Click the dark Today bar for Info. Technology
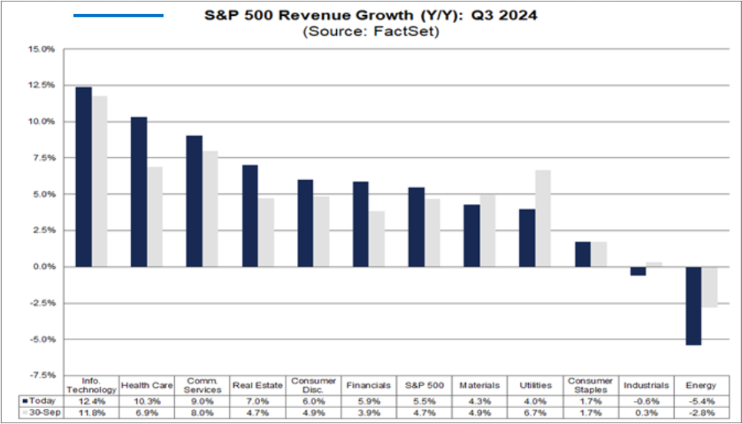[x=83, y=177]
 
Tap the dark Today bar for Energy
[x=693, y=305]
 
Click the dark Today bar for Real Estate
[x=250, y=216]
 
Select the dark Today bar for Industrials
[x=638, y=271]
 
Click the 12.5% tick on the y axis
[x=43, y=85]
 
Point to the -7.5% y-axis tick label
[x=43, y=376]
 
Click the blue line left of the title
[x=119, y=15]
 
